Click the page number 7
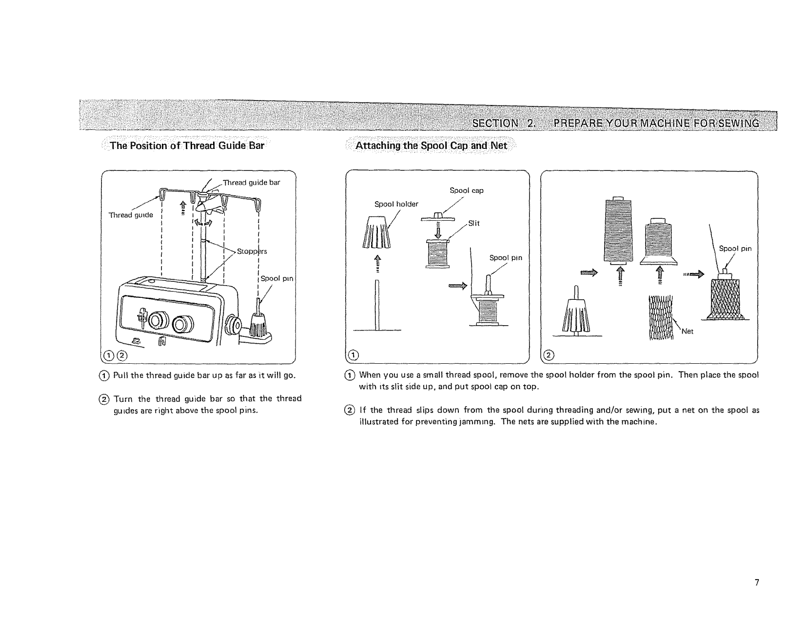click(757, 582)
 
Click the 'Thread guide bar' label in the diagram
click(251, 183)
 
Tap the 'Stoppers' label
click(252, 251)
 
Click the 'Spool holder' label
click(396, 204)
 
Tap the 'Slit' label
click(474, 223)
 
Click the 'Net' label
click(687, 331)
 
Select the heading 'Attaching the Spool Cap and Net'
click(432, 146)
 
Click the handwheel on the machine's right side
click(234, 324)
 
